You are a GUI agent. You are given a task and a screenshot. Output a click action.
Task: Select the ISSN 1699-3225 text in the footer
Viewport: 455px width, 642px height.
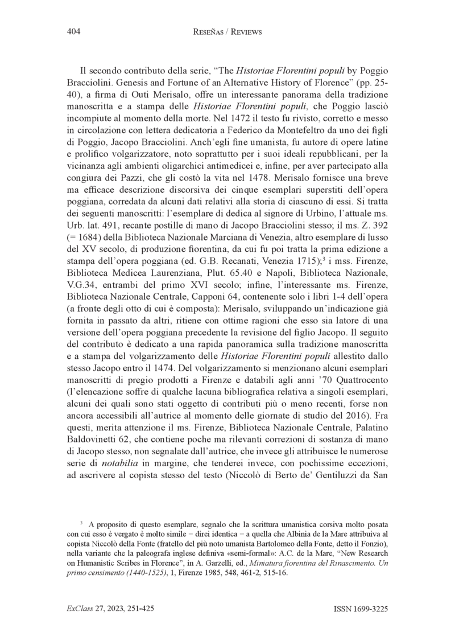pos(361,609)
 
